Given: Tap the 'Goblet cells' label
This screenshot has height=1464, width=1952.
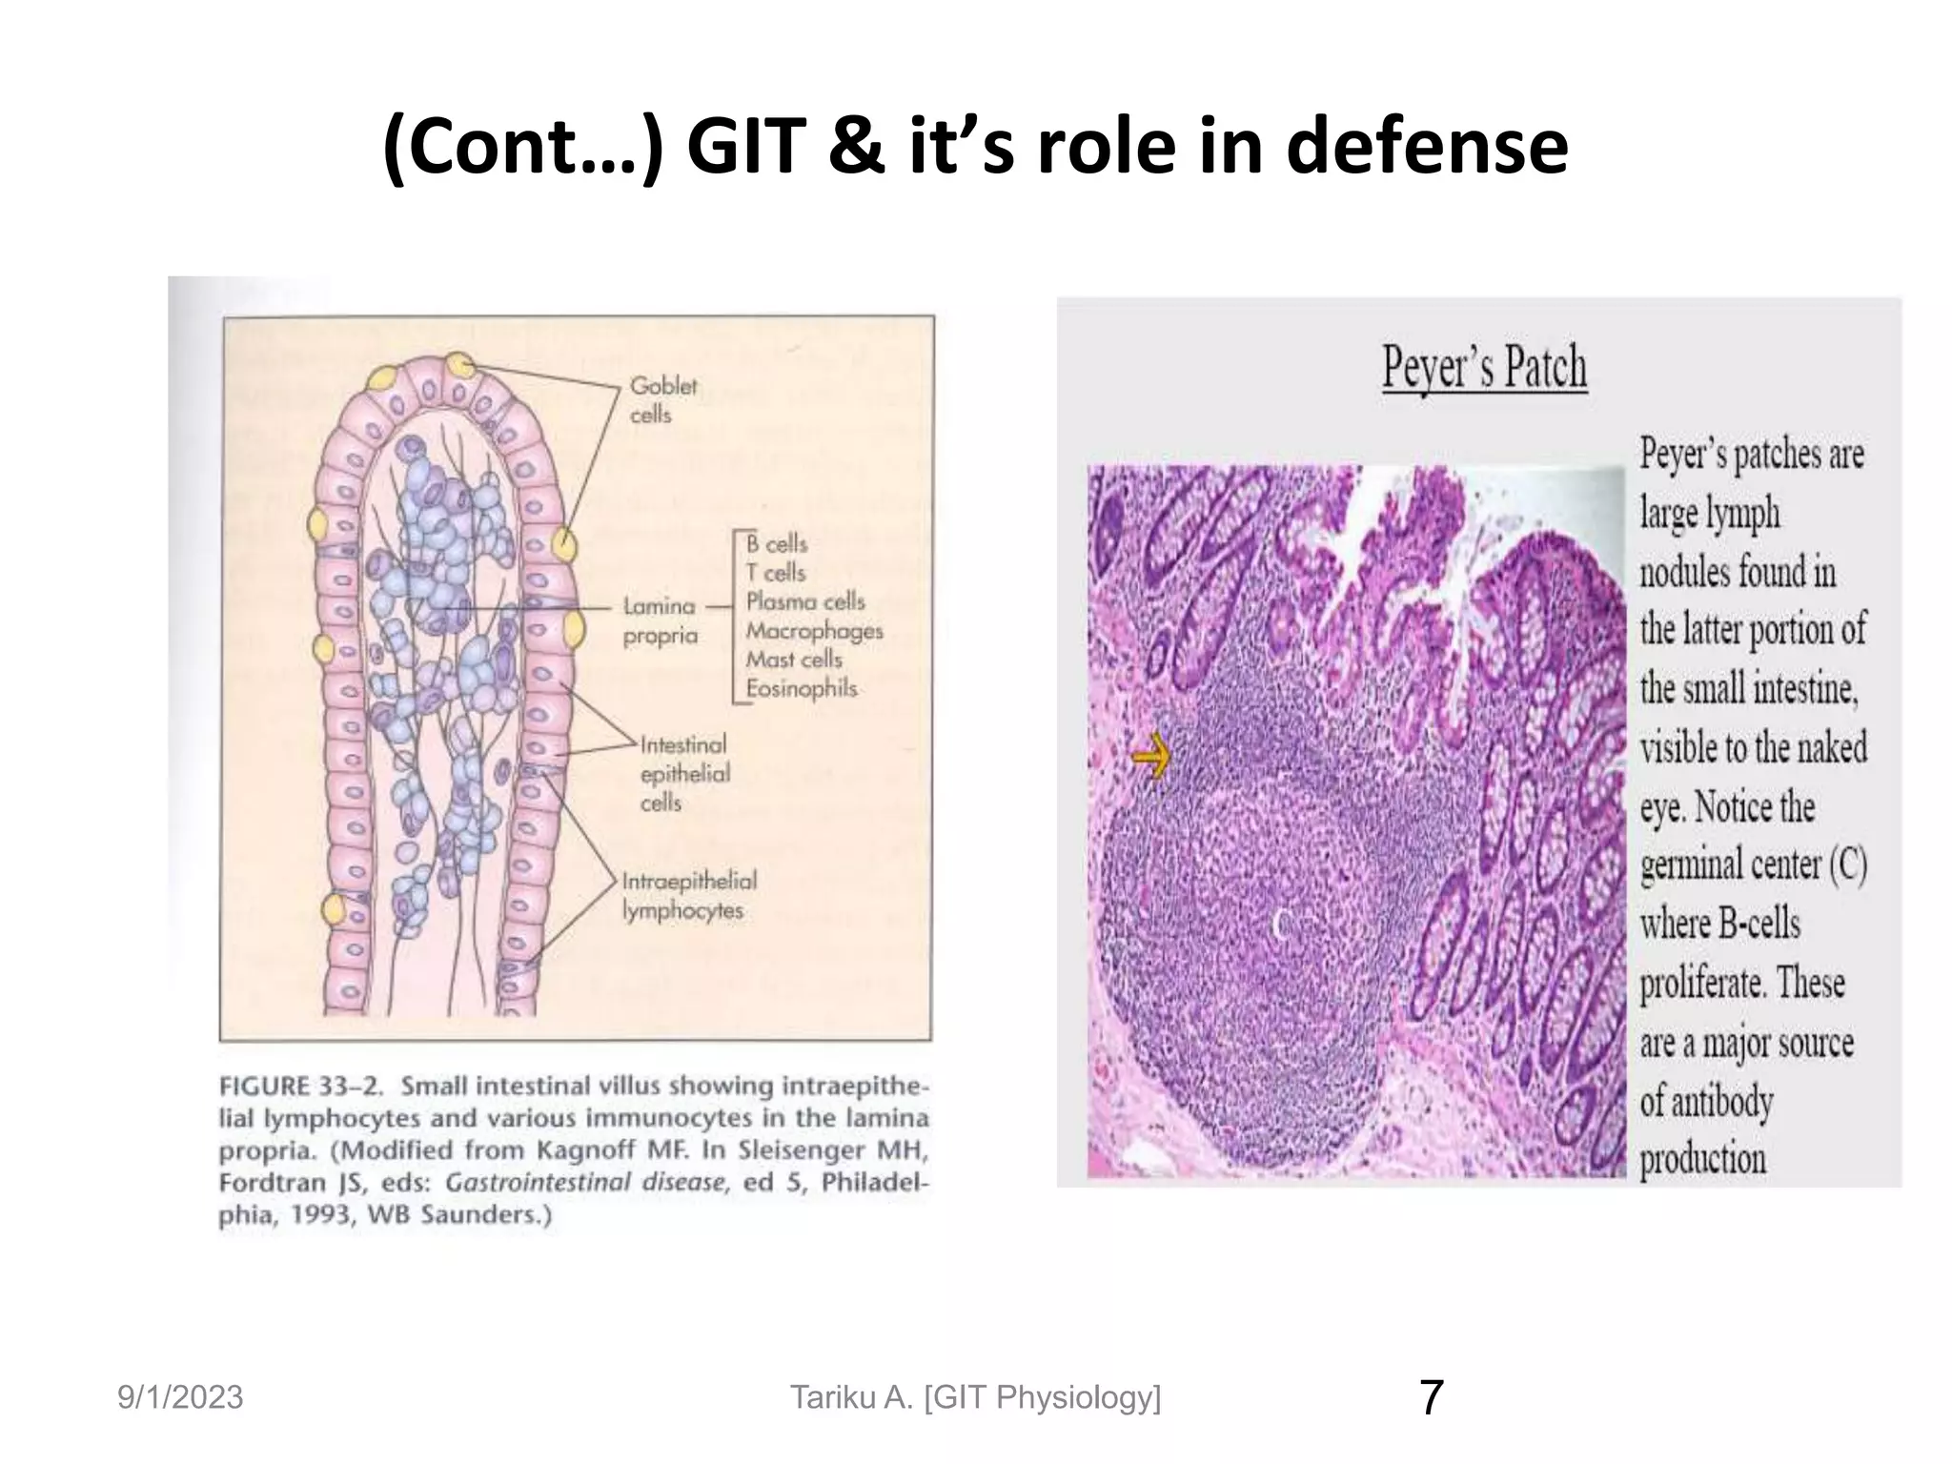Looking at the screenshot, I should tap(662, 399).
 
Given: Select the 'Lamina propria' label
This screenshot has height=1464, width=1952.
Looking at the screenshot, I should tap(660, 620).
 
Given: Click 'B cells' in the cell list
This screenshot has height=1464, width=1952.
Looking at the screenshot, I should tap(776, 543).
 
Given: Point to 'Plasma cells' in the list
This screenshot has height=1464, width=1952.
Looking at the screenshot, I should tap(804, 601).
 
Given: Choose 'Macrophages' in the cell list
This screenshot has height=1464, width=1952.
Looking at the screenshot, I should tap(814, 630).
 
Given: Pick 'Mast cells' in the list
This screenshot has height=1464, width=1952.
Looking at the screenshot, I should tap(794, 659).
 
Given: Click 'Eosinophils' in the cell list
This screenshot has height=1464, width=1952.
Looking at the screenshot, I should tap(801, 688).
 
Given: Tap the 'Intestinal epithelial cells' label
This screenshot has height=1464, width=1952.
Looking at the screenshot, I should tap(683, 773).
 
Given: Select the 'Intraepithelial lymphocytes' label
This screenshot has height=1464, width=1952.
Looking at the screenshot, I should tap(688, 895).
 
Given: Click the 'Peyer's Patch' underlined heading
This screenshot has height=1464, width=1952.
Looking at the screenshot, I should tap(1484, 367).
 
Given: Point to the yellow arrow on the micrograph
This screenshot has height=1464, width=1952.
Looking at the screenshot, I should tap(1150, 756).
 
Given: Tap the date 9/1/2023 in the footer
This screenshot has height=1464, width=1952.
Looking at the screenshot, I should tap(180, 1397).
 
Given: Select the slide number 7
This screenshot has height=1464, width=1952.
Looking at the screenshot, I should tap(1431, 1397).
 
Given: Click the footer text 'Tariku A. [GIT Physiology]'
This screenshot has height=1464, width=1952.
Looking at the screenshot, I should tap(975, 1397).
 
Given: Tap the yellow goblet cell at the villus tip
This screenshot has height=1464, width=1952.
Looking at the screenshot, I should tap(460, 365).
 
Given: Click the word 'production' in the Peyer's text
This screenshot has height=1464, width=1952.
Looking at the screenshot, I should tap(1702, 1159).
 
